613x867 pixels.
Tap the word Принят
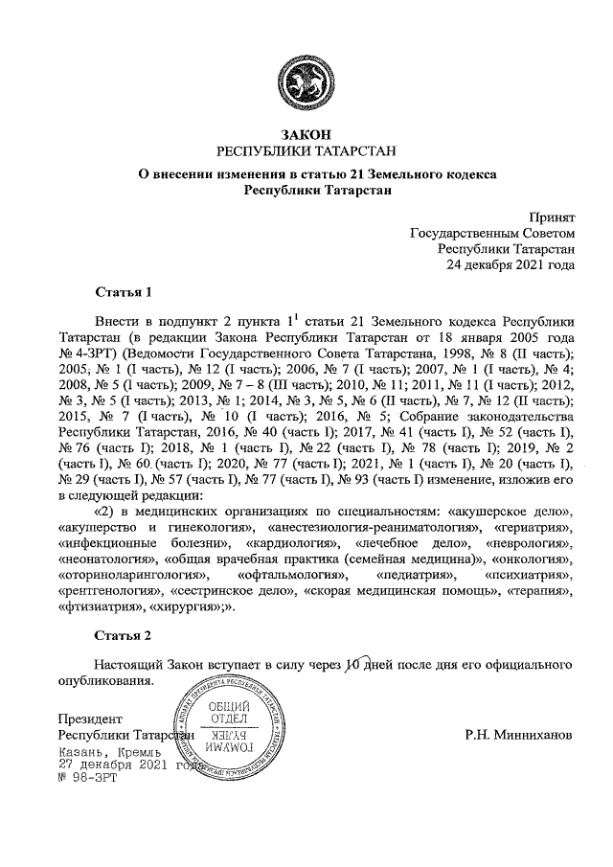pos(552,218)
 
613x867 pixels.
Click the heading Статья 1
pos(124,290)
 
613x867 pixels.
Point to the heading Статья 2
pos(124,635)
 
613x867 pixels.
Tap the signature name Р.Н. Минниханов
pos(517,735)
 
